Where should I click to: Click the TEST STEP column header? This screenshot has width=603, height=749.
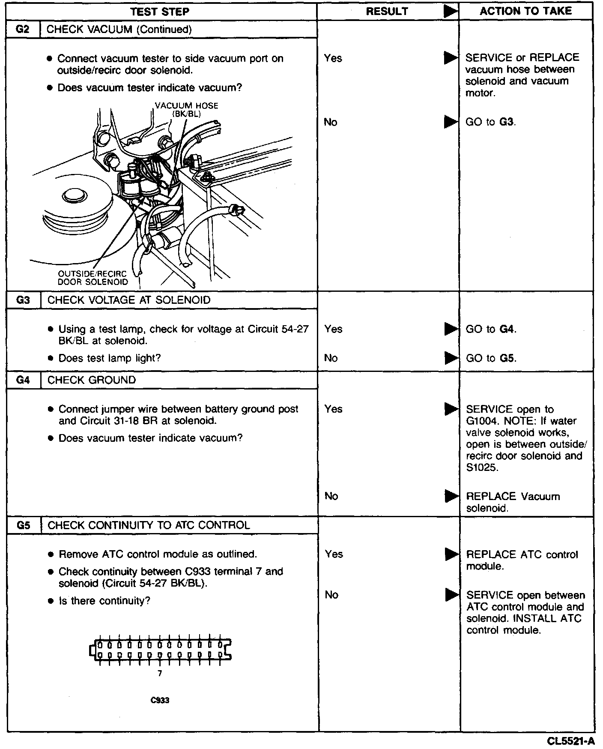click(160, 12)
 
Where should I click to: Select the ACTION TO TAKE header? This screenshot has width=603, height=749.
click(525, 11)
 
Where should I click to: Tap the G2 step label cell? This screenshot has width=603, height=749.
click(23, 29)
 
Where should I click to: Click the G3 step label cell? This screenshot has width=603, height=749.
click(23, 300)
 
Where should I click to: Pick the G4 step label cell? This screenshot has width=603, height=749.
click(23, 380)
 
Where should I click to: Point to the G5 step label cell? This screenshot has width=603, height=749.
click(24, 525)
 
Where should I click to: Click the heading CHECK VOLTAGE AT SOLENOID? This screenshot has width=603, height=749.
click(129, 300)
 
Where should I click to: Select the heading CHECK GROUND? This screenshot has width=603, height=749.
click(92, 380)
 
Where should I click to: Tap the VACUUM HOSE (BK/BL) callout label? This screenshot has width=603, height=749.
click(186, 110)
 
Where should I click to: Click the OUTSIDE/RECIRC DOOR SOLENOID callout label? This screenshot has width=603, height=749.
click(93, 278)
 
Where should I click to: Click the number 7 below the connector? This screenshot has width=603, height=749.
click(160, 674)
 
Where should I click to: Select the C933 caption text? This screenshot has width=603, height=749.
click(160, 700)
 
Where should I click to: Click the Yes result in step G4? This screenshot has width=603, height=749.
click(333, 409)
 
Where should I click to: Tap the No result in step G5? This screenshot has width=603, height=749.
click(331, 595)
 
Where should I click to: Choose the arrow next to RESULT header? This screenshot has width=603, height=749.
click(450, 12)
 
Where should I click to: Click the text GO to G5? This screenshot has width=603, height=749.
click(491, 358)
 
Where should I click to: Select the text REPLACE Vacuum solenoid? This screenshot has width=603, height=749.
click(513, 502)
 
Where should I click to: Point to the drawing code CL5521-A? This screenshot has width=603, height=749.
click(570, 741)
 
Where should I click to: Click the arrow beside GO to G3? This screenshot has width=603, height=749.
click(450, 122)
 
